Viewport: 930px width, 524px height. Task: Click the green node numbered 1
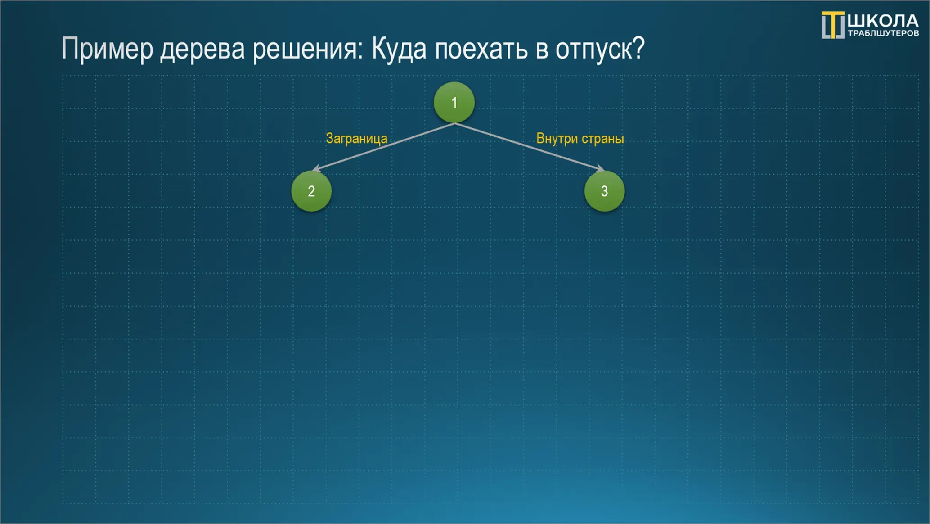454,102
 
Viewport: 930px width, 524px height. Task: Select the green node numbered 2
311,191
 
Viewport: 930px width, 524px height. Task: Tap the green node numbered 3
604,191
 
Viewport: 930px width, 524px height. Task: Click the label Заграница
356,139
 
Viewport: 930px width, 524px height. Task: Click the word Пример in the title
107,49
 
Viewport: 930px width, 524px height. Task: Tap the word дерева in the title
202,49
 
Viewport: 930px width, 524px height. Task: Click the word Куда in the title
399,49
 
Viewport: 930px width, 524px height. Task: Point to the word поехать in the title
481,49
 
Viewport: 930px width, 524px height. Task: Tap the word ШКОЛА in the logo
883,21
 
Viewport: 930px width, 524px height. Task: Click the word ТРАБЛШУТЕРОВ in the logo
883,33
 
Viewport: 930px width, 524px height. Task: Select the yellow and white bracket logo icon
833,25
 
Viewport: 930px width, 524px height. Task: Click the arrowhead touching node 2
317,168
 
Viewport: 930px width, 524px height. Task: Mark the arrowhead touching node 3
601,168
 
